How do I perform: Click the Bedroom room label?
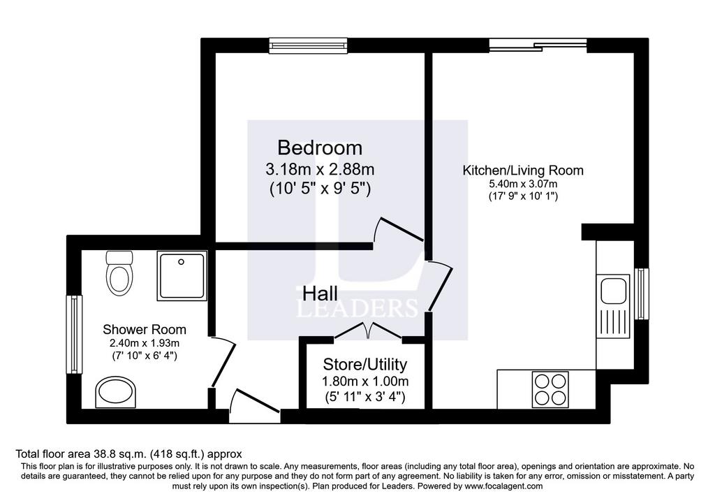320,148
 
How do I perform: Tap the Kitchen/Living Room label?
523,170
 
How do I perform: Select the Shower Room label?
144,329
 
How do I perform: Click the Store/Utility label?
364,364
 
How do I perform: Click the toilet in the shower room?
119,273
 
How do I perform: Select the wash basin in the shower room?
116,392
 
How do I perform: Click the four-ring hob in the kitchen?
550,390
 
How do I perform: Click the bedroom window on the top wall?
309,45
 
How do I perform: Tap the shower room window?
74,335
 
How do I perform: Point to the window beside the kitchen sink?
642,294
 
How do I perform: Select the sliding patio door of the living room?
538,45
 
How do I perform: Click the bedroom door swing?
398,230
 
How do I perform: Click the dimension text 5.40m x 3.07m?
523,184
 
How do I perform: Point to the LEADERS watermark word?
357,308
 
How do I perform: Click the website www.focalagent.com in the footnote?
503,486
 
